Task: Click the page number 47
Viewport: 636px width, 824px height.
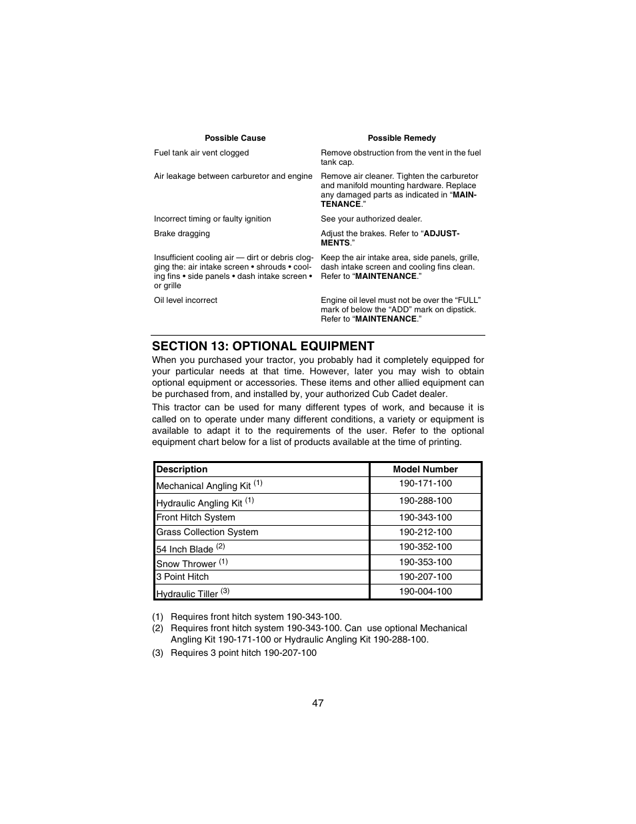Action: pyautogui.click(x=317, y=703)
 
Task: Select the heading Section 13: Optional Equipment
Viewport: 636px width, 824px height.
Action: pyautogui.click(x=263, y=346)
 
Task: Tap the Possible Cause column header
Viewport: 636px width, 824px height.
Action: pyautogui.click(x=235, y=138)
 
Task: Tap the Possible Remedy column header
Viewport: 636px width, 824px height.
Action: pyautogui.click(x=401, y=138)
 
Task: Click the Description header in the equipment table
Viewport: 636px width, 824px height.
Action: pyautogui.click(x=182, y=469)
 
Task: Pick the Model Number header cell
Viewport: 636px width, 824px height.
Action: pyautogui.click(x=425, y=469)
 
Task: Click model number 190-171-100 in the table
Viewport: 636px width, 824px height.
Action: pyautogui.click(x=425, y=484)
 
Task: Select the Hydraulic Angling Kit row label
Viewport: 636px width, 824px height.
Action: pyautogui.click(x=199, y=503)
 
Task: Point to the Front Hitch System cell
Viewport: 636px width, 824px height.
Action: pyautogui.click(x=195, y=518)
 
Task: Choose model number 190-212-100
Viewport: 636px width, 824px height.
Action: pyautogui.click(x=425, y=532)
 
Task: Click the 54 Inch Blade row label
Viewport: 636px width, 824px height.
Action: pyautogui.click(x=185, y=549)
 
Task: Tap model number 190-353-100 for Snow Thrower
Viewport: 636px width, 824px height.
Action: pyautogui.click(x=425, y=562)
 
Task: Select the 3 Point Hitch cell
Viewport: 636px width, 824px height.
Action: pyautogui.click(x=182, y=577)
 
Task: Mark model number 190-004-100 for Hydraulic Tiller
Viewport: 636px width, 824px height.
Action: pyautogui.click(x=425, y=592)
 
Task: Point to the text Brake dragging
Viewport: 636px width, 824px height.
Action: pyautogui.click(x=181, y=234)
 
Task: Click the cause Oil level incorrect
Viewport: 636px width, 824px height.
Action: pyautogui.click(x=185, y=300)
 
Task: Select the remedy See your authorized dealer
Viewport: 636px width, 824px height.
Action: pyautogui.click(x=371, y=219)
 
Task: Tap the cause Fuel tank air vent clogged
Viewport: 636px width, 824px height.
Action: pyautogui.click(x=201, y=153)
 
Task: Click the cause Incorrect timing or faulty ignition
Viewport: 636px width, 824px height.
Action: pyautogui.click(x=212, y=219)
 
